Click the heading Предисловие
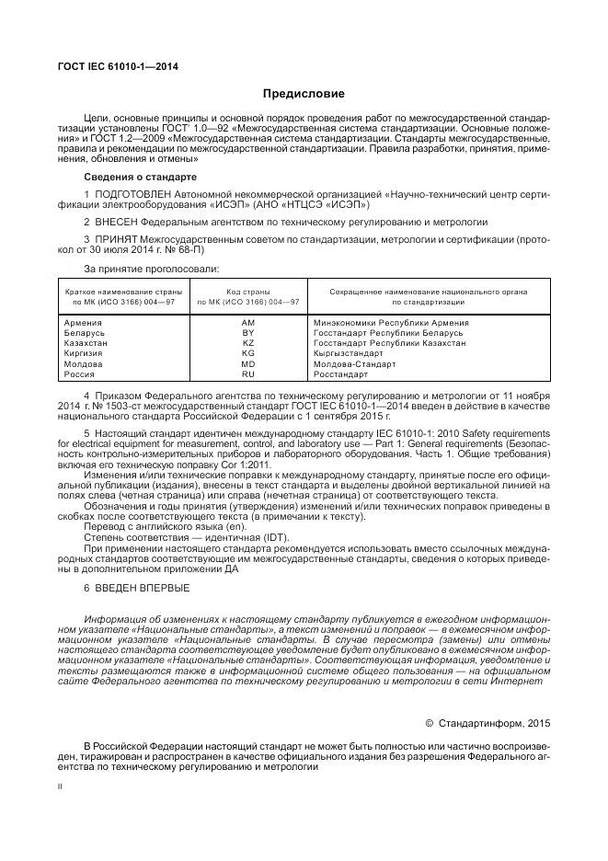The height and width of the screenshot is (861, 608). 304,94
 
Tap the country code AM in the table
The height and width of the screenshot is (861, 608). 247,323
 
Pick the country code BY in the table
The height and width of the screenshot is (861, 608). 247,333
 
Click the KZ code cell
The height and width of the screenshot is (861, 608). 247,343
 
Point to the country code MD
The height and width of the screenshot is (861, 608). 247,364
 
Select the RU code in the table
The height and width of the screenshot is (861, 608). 247,374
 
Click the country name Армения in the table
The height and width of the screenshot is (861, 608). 84,323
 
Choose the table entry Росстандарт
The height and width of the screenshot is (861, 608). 340,374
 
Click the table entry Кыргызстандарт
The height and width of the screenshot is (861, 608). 349,354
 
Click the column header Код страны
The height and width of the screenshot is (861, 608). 247,292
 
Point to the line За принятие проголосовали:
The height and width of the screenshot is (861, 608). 151,269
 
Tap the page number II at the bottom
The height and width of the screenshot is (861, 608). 61,787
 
